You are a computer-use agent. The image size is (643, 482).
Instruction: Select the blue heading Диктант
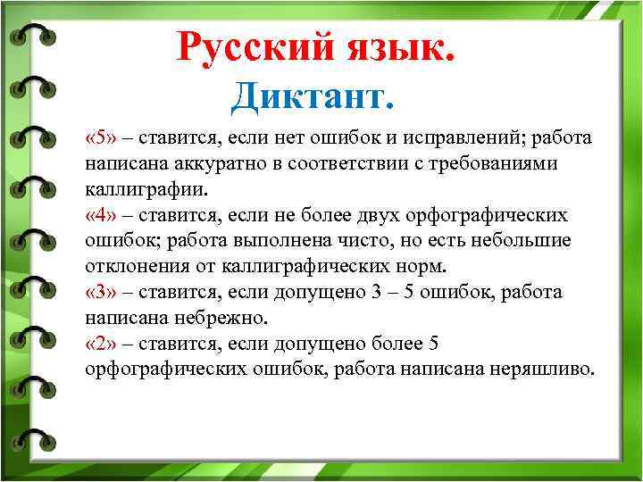point(312,96)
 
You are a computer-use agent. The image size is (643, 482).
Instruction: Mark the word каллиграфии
point(144,190)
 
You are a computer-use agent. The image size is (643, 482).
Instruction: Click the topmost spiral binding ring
point(31,36)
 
